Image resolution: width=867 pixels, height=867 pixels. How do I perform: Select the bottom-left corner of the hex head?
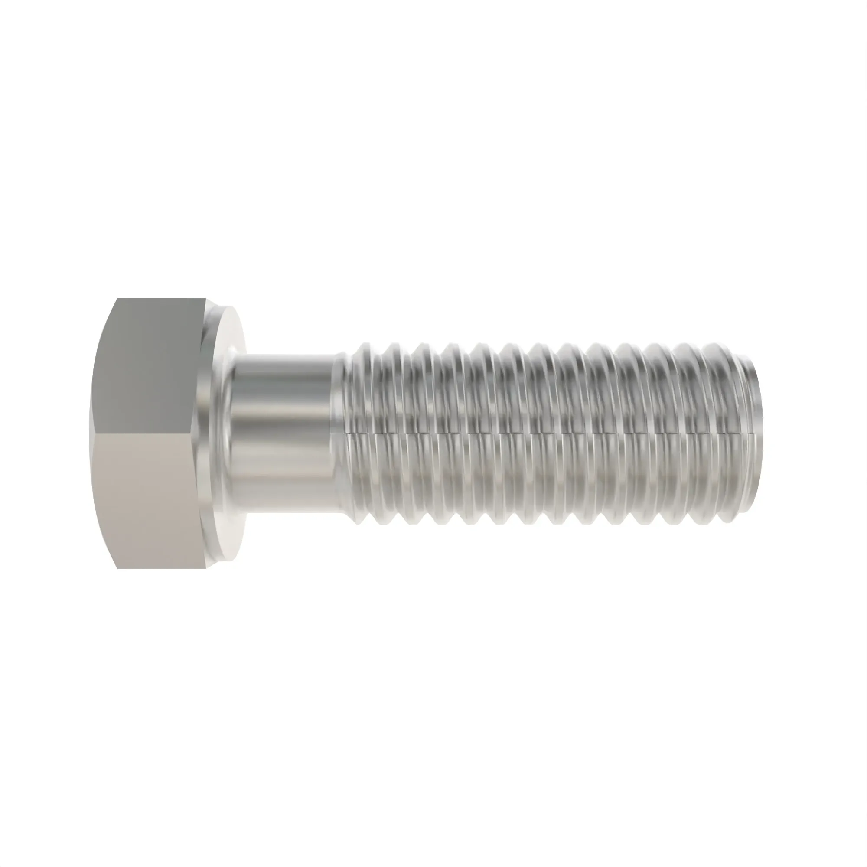pyautogui.click(x=117, y=569)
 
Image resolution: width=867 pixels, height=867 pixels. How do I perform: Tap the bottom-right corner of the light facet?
pyautogui.click(x=206, y=568)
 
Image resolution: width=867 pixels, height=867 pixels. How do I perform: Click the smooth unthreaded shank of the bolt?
pyautogui.click(x=283, y=431)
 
